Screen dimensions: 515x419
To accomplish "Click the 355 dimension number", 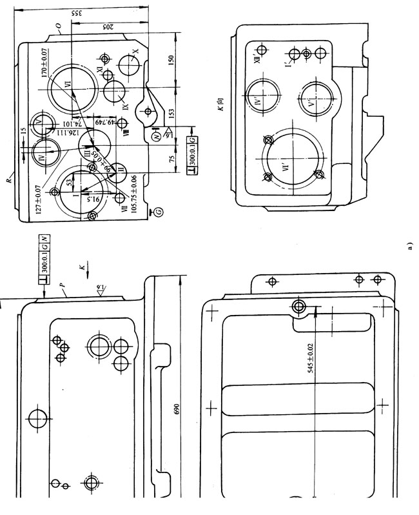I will (75, 13).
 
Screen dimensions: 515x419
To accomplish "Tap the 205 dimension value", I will (107, 26).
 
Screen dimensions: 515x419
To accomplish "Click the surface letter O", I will (59, 27).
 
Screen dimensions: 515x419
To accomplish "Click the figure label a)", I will (409, 247).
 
